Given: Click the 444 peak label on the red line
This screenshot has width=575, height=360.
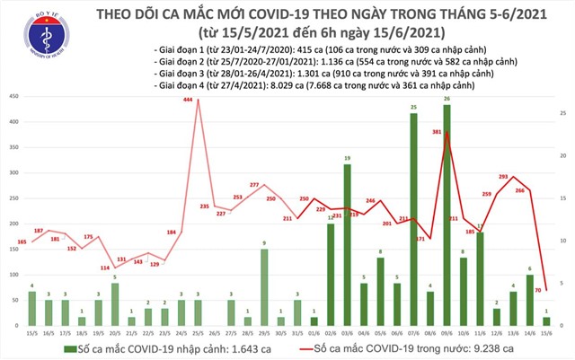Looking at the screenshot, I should coord(189,101).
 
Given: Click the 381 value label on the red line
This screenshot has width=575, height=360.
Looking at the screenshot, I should coord(438,132).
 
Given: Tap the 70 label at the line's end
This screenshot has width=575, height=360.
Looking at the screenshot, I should coord(537,290).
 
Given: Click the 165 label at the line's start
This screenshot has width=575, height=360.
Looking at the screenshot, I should coord(22,242).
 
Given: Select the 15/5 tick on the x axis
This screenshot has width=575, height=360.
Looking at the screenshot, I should coord(32,331).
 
